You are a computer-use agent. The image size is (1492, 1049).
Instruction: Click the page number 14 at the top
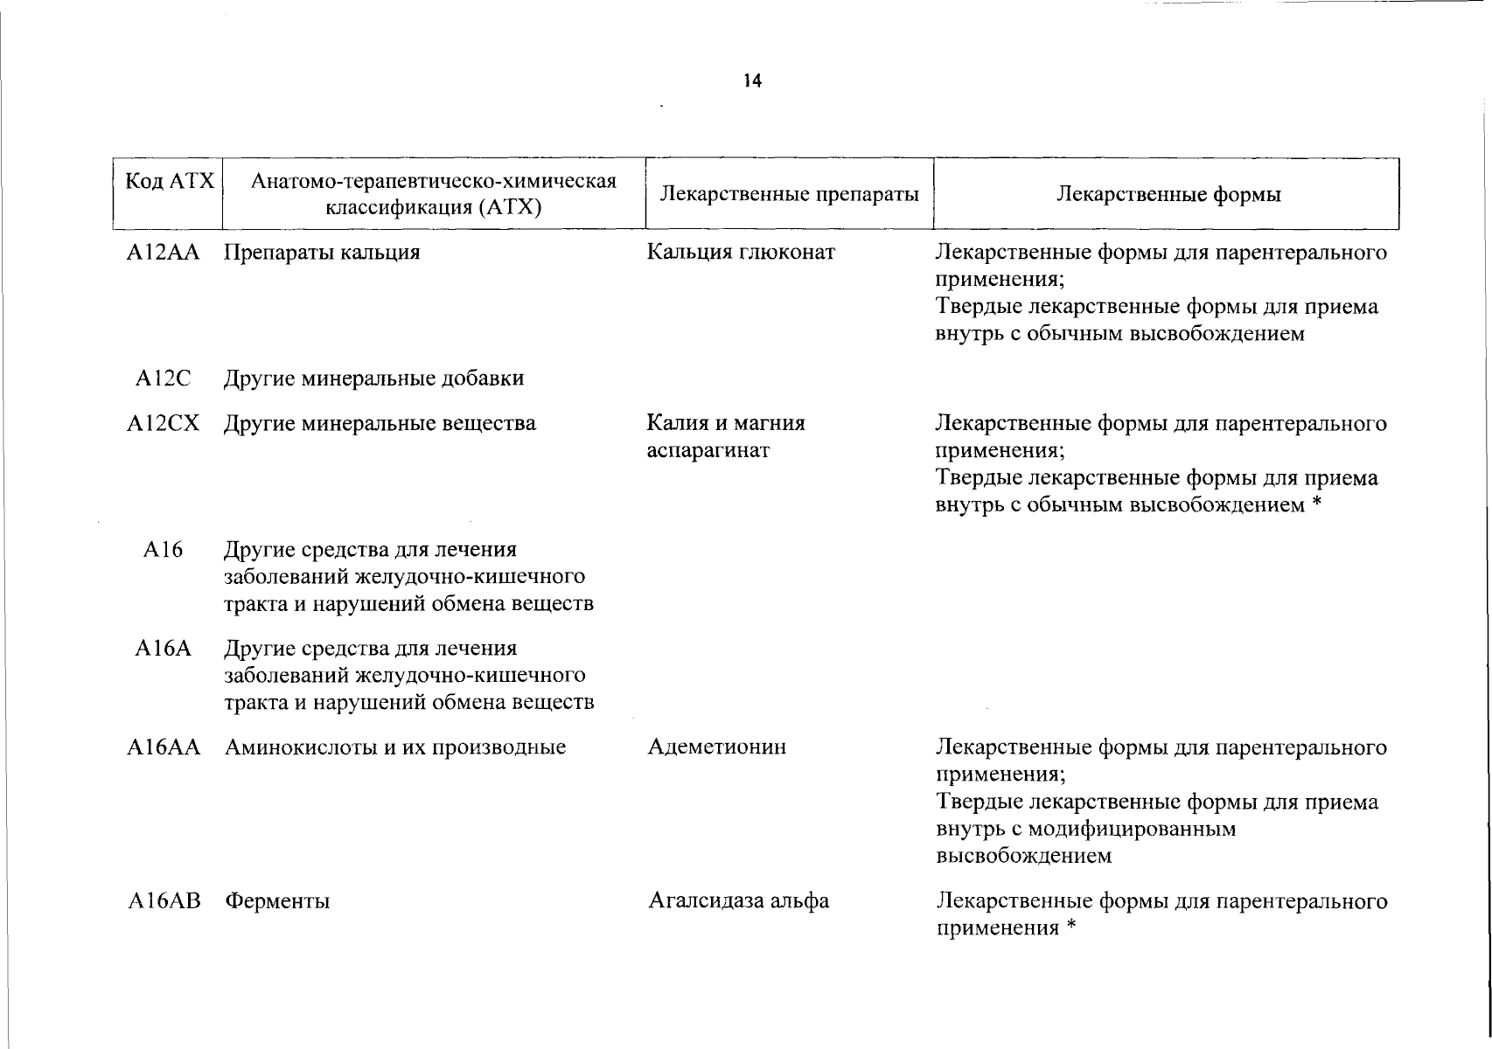[x=752, y=81]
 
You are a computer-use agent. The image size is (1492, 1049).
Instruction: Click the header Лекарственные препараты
[x=789, y=194]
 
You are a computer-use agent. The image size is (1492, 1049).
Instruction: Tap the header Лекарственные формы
[x=1168, y=194]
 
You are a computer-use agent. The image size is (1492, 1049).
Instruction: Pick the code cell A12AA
[x=163, y=253]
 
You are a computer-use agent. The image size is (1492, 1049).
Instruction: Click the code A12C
[x=163, y=379]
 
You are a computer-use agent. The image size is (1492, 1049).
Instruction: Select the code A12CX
[x=163, y=424]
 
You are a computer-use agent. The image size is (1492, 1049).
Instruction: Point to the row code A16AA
[x=164, y=747]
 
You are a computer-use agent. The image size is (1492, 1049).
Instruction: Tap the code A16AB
[x=164, y=900]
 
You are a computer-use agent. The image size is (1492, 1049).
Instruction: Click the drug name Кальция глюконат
[x=741, y=253]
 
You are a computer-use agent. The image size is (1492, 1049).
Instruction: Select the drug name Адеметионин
[x=717, y=747]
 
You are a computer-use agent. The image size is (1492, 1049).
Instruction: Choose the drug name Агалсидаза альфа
[x=738, y=900]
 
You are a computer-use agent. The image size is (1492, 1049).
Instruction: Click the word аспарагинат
[x=708, y=451]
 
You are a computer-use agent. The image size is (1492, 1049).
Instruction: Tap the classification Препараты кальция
[x=322, y=253]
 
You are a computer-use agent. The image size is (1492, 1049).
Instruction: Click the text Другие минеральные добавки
[x=374, y=379]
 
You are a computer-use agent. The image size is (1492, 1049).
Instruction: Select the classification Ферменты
[x=277, y=900]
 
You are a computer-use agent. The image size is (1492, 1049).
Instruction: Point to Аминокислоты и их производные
[x=395, y=747]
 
